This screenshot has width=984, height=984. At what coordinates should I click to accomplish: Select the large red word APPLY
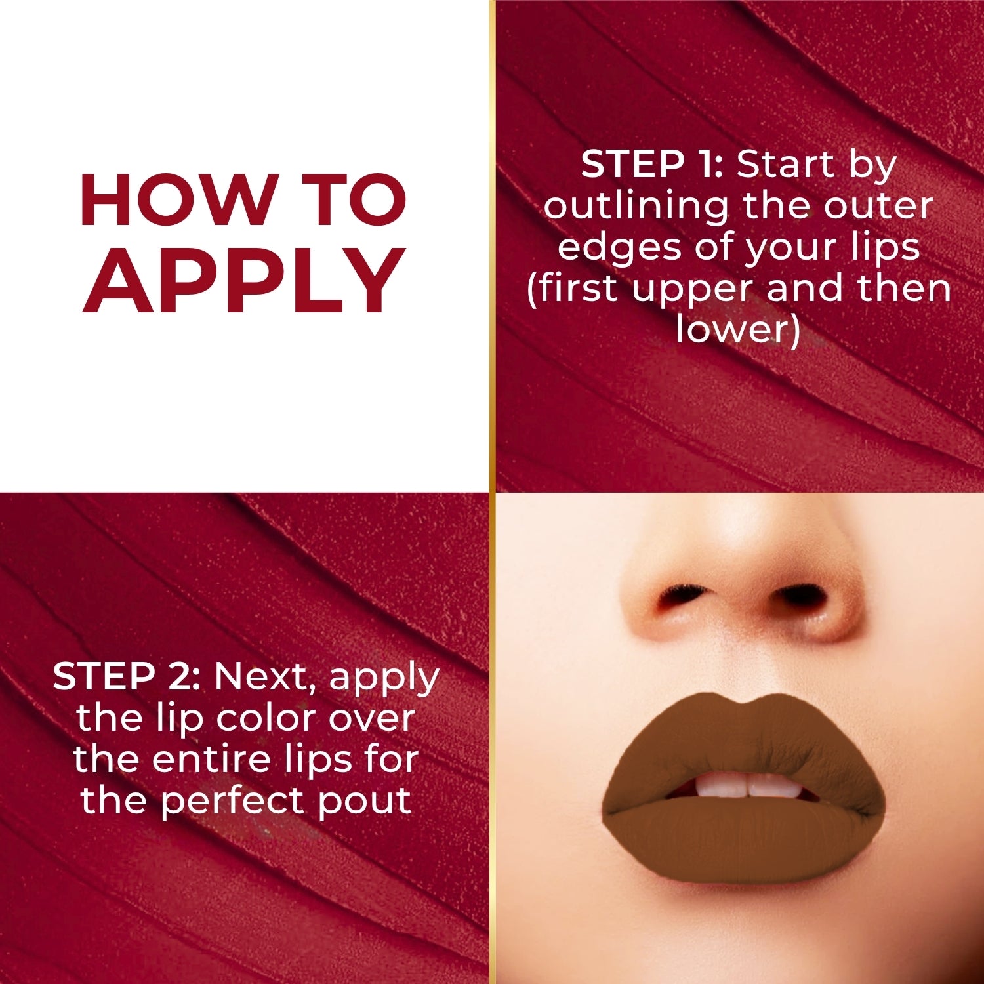tap(244, 282)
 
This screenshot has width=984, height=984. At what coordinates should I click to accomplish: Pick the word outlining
tap(635, 207)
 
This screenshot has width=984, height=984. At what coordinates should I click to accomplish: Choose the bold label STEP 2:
tap(127, 676)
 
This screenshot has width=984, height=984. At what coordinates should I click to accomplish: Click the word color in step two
tap(266, 718)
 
